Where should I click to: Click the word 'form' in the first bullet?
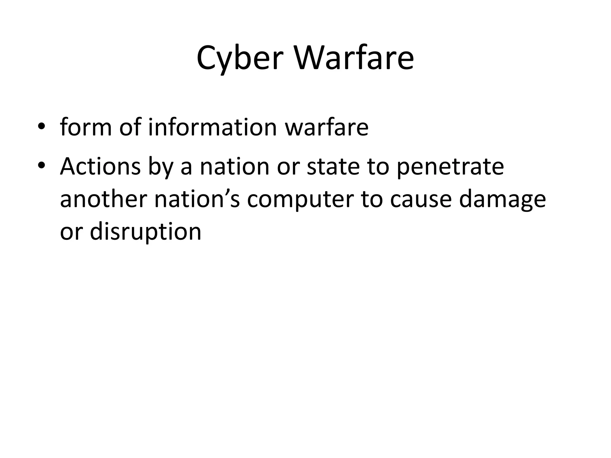(x=86, y=127)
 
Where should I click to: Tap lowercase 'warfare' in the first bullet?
(x=327, y=127)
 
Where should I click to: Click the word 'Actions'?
(x=100, y=166)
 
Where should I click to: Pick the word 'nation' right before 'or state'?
(x=234, y=166)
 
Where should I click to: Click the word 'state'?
(x=334, y=166)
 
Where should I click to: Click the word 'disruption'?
(x=146, y=232)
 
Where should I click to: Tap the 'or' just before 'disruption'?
(x=71, y=232)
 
